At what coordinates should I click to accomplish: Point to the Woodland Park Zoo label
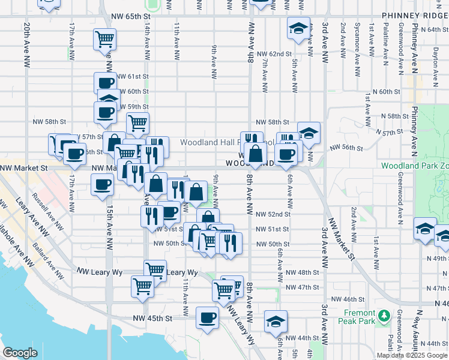point(415,165)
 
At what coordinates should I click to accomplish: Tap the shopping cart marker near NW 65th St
point(105,40)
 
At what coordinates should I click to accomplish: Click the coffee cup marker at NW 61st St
point(105,83)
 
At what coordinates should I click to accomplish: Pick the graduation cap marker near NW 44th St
point(276,321)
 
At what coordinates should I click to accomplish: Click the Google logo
point(20,353)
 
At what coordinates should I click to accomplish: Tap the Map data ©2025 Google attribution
point(412,355)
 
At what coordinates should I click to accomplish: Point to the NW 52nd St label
point(273,214)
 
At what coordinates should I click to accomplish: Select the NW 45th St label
point(157,317)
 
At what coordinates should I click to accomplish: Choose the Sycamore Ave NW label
point(357,42)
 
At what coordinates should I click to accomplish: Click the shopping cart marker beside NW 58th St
point(138,123)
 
